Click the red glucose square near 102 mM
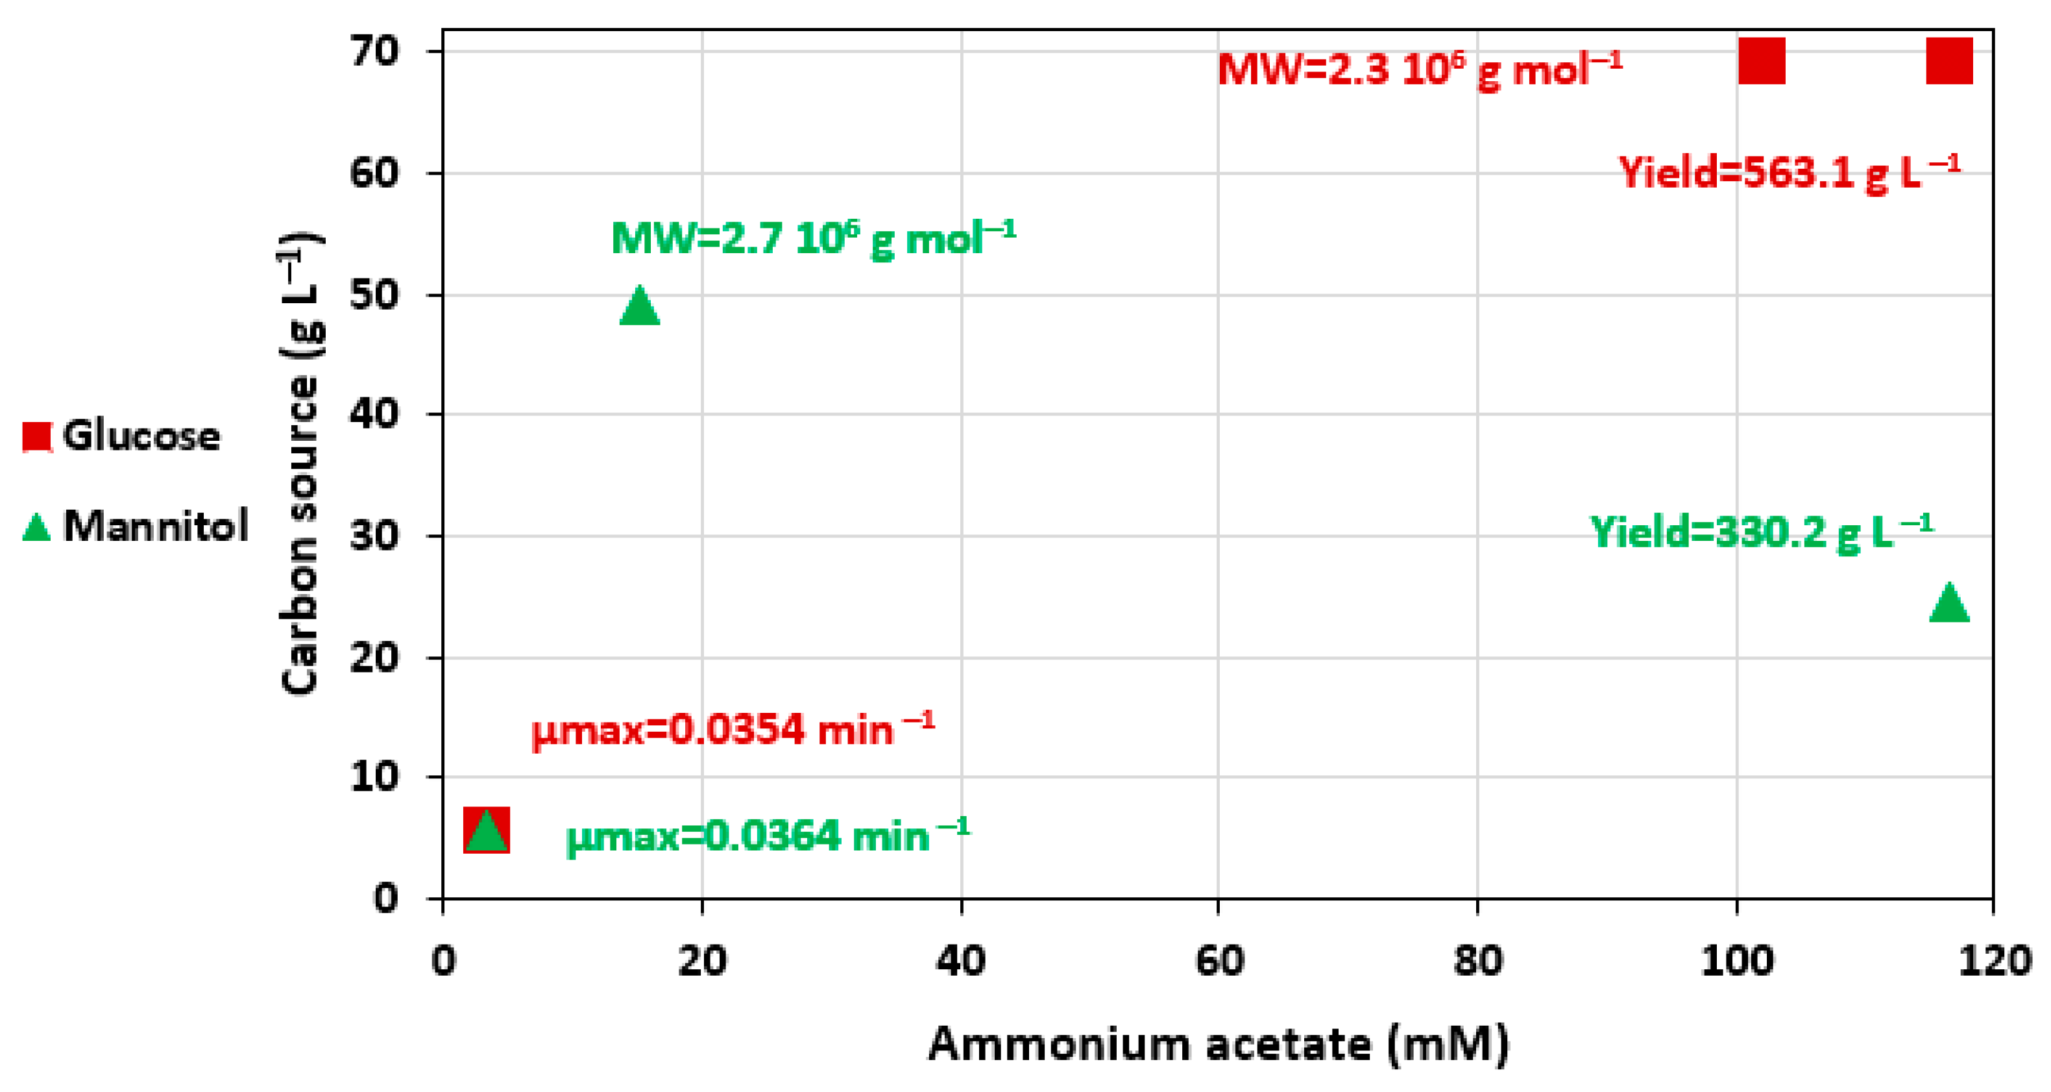(x=1761, y=60)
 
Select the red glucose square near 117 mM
(x=1949, y=60)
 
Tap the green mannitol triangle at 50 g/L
(x=639, y=306)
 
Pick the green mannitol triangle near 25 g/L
(x=1949, y=603)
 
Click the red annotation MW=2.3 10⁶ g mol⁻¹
(x=1419, y=69)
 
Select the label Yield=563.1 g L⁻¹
(x=1788, y=172)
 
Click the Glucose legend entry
(x=121, y=436)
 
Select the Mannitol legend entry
(x=136, y=526)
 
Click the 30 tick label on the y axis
(x=374, y=536)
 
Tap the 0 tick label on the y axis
(x=386, y=899)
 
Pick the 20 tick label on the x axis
(x=701, y=962)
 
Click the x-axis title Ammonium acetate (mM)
(x=1218, y=1044)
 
